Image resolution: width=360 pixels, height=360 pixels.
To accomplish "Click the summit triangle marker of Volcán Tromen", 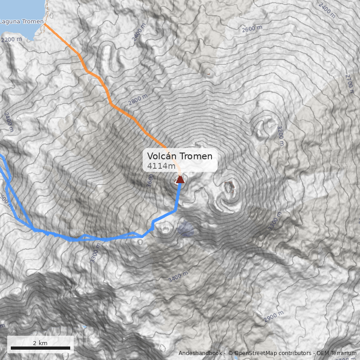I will [180, 180].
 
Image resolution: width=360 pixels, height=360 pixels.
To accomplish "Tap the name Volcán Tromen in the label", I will [180, 156].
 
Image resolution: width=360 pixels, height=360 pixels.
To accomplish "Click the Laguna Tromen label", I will [22, 21].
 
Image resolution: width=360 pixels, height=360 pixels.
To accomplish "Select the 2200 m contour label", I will [11, 40].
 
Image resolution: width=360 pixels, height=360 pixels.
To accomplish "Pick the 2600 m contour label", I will [252, 29].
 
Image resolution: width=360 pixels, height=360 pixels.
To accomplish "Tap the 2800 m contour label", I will [138, 98].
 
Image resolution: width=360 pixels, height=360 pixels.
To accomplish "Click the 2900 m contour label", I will [274, 316].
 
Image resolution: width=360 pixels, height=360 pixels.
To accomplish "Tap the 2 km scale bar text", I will [40, 343].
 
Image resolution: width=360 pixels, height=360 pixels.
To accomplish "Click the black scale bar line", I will [40, 348].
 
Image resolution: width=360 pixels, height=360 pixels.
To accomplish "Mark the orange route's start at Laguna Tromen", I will [45, 24].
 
